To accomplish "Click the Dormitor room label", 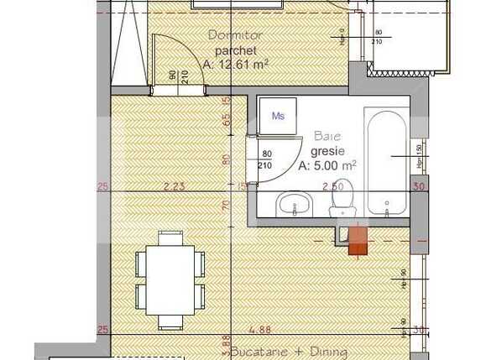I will pos(234,36).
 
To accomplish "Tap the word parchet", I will pos(233,50).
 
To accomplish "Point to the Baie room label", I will pos(327,135).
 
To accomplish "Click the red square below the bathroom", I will pos(358,237).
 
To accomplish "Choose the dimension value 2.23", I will pos(174,186).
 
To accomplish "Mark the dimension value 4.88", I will pos(268,330).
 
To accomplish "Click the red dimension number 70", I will pos(226,204).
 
